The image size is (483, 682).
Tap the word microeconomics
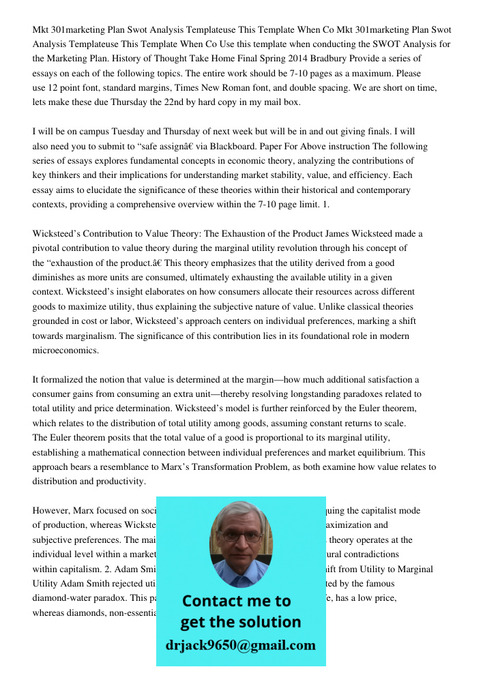pyautogui.click(x=65, y=350)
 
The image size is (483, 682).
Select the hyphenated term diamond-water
pyautogui.click(x=63, y=597)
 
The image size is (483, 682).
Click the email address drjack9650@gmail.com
pyautogui.click(x=241, y=645)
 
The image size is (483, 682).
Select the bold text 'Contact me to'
pyautogui.click(x=236, y=601)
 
